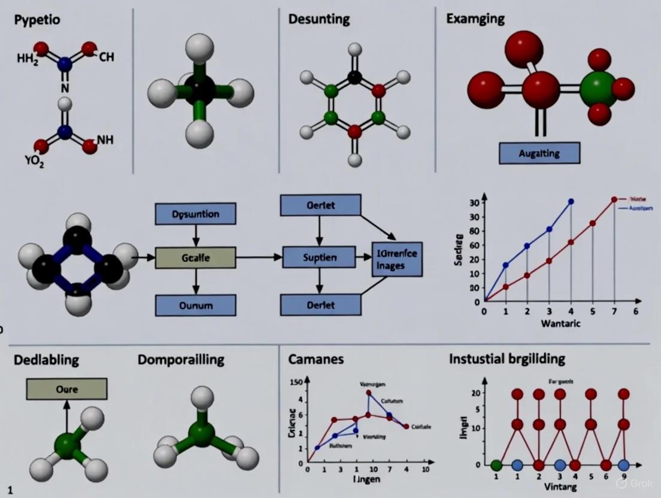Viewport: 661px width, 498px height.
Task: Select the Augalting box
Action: point(539,153)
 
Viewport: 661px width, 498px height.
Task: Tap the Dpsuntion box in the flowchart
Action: point(195,214)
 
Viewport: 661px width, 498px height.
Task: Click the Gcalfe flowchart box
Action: point(195,258)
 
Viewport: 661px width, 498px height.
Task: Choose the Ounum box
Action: point(195,305)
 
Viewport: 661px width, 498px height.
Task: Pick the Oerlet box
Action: point(320,205)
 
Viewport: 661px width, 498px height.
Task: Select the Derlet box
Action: point(320,305)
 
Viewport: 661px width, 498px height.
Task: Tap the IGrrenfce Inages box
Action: point(395,259)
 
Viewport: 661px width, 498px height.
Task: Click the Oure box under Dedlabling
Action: point(66,390)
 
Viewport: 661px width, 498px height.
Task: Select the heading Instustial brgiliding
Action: point(507,359)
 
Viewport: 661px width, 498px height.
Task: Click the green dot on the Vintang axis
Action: point(496,465)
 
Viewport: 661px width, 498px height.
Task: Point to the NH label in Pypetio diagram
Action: point(105,140)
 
